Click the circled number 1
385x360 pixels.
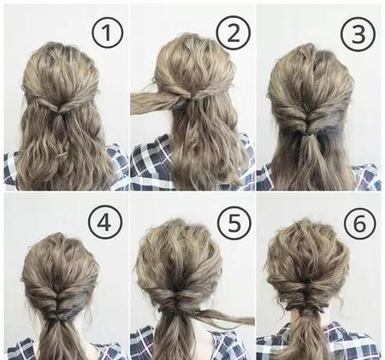(107, 32)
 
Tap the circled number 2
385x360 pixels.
(233, 32)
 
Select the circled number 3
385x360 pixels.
(358, 34)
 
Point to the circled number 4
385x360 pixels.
(104, 222)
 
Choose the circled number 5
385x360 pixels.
(234, 223)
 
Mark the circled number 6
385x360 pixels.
(359, 224)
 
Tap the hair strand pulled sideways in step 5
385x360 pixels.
(225, 316)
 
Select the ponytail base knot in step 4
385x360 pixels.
(58, 317)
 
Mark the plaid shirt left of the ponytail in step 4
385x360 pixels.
(24, 349)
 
